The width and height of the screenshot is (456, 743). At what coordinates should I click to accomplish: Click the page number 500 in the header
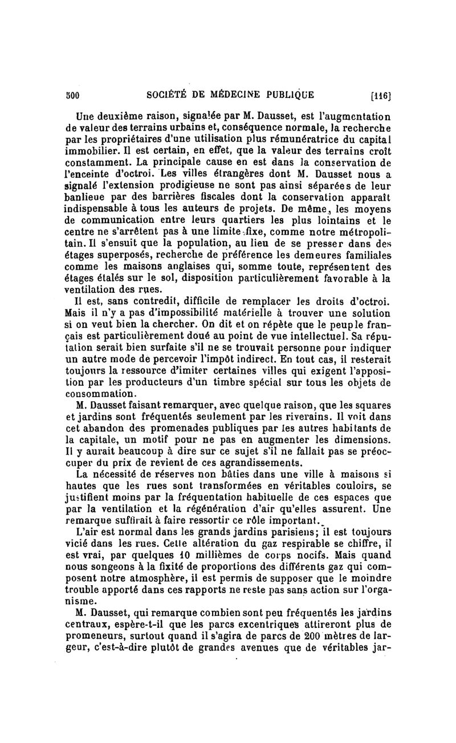[72, 94]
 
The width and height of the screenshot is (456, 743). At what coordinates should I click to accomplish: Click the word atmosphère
[133, 583]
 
